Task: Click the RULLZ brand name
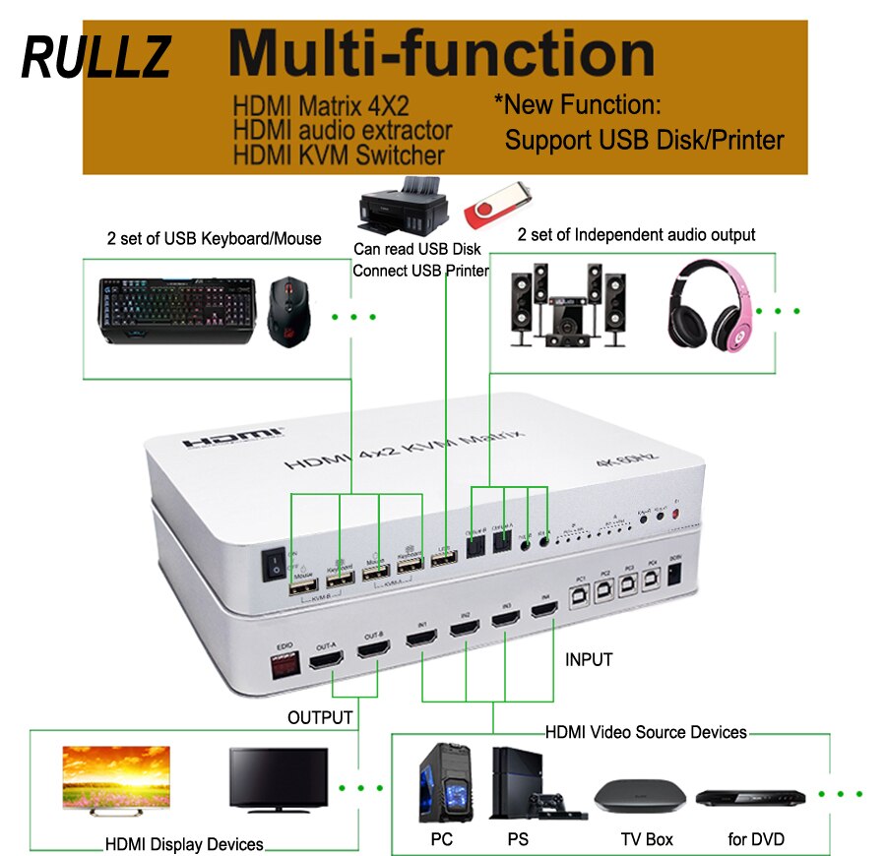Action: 95,57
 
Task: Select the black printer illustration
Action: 402,206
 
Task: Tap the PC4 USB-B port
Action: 651,581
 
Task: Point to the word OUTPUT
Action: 319,718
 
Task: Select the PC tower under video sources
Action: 441,782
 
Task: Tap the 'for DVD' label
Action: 756,839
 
